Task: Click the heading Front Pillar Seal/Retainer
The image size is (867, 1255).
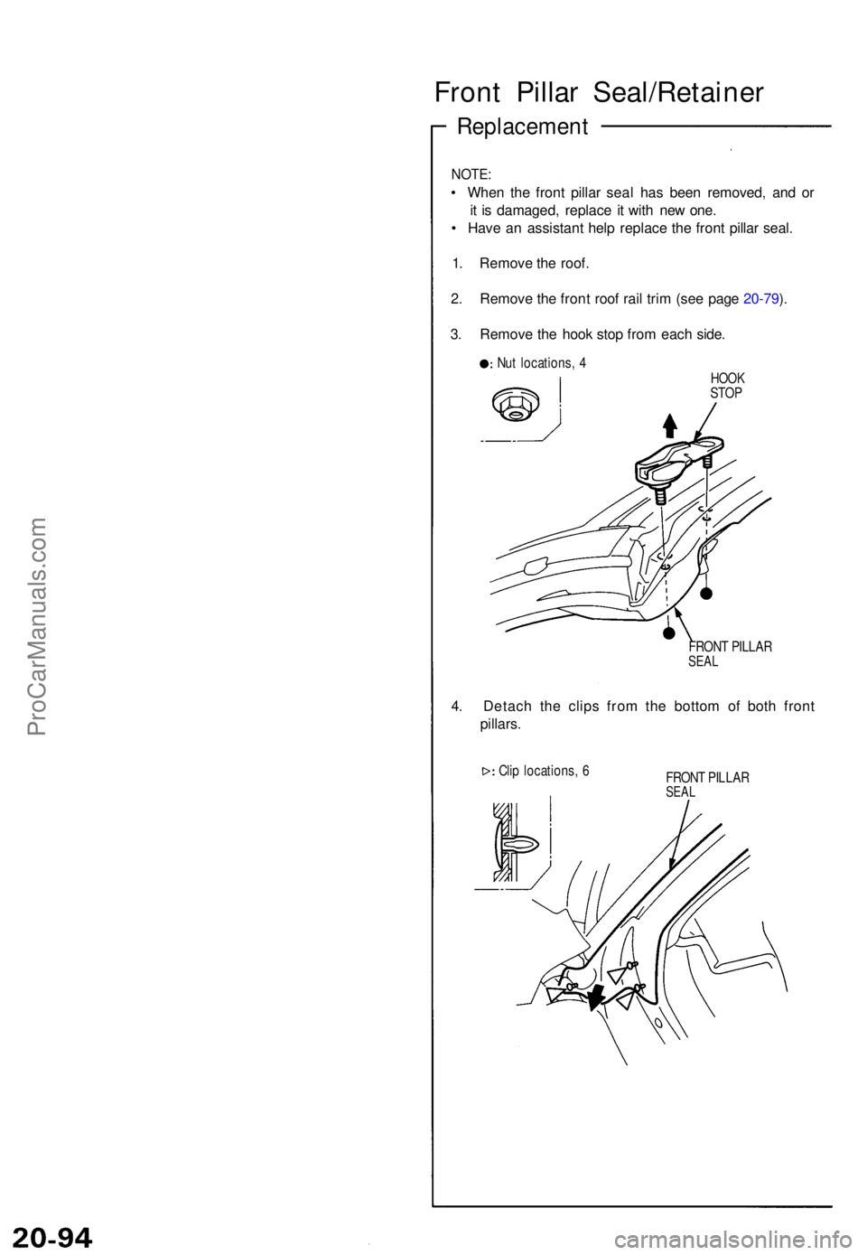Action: coord(599,93)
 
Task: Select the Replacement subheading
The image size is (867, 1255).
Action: coord(522,126)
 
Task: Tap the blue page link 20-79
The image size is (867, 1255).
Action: coord(760,299)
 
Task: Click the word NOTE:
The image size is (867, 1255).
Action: coord(471,173)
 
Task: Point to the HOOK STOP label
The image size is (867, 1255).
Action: coord(727,386)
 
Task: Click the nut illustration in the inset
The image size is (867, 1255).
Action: coord(515,404)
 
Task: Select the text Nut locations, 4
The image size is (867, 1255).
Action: coord(541,363)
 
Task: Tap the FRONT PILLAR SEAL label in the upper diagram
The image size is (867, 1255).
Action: coord(729,653)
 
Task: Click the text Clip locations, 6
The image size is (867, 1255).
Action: coord(544,771)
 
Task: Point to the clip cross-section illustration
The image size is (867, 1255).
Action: coord(515,842)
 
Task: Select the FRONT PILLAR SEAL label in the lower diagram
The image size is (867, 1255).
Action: coord(706,784)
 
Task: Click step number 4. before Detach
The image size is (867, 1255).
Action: coord(458,707)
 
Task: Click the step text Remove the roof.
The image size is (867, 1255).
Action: coord(534,263)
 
